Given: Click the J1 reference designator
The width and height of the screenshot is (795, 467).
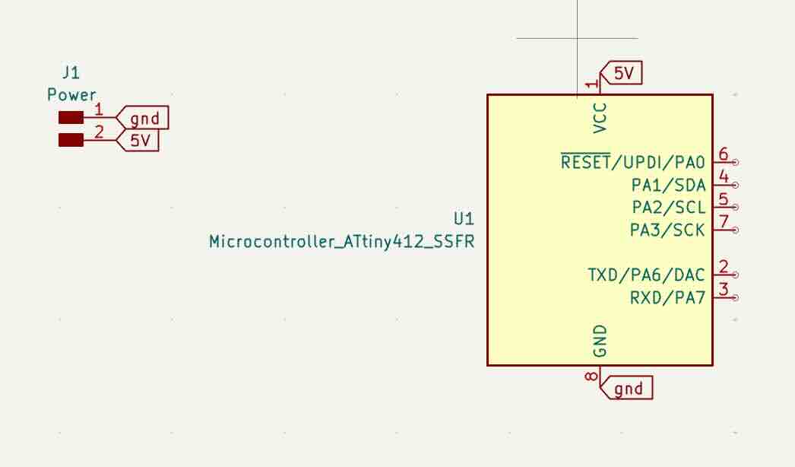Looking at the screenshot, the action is click(x=71, y=73).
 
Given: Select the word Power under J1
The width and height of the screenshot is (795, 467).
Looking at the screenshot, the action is click(x=71, y=95).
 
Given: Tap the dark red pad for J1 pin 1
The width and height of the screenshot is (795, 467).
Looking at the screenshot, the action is click(x=71, y=117).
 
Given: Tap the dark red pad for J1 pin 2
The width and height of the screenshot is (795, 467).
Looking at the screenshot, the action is click(x=71, y=140).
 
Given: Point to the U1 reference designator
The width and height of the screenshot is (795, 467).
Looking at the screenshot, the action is click(x=464, y=219).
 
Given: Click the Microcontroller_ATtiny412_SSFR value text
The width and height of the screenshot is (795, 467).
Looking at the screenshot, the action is click(x=342, y=242).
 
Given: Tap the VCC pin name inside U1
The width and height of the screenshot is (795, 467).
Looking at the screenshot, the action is click(x=600, y=118).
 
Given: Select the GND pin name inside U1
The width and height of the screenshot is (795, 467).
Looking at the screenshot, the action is click(x=600, y=341).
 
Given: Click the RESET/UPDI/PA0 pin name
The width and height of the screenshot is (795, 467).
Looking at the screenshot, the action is click(x=633, y=162).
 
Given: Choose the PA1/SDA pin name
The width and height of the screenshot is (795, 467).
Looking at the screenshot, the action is click(x=669, y=185).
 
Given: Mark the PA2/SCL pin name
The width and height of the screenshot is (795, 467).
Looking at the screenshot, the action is click(x=669, y=207).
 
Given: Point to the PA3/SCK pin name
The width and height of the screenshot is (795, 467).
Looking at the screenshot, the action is click(x=668, y=230).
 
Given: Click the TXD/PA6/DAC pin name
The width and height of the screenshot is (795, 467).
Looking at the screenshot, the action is click(x=647, y=275).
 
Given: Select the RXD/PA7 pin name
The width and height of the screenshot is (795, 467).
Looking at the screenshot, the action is click(x=668, y=297).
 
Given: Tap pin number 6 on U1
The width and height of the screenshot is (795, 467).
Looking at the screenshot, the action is click(x=724, y=154).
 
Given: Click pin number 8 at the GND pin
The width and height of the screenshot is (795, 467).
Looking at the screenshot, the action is click(x=591, y=376).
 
